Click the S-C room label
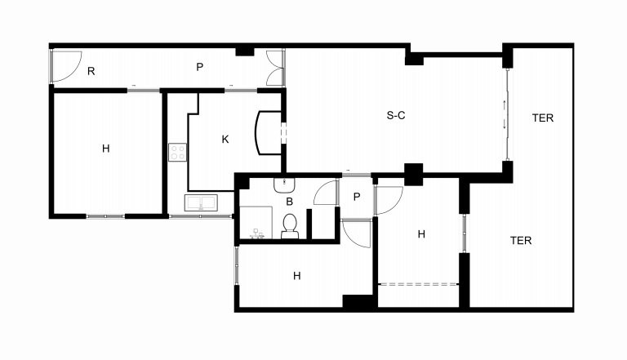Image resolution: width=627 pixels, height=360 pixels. (x=396, y=116)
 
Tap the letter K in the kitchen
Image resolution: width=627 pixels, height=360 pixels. (x=225, y=140)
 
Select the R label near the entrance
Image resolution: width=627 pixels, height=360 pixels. (x=91, y=71)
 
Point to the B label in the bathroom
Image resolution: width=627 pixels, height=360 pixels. (x=290, y=202)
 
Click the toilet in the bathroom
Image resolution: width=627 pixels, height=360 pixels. (x=290, y=226)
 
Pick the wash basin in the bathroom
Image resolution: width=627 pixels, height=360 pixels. (x=284, y=185)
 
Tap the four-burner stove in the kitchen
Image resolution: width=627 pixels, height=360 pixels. (x=177, y=152)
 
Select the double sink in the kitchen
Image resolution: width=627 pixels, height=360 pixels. (x=201, y=202)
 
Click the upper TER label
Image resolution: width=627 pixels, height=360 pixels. (x=543, y=118)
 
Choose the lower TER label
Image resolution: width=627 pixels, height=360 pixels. (x=521, y=240)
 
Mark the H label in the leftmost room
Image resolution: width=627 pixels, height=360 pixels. (x=105, y=149)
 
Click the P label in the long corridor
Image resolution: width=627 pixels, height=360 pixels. (x=199, y=67)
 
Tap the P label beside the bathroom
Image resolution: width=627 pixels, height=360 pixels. (x=357, y=197)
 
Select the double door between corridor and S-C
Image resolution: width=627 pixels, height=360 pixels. (x=275, y=68)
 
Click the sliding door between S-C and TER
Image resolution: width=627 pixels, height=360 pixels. (x=507, y=115)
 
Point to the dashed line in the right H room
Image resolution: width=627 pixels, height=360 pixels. (x=418, y=284)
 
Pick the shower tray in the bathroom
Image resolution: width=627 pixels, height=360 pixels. (x=256, y=223)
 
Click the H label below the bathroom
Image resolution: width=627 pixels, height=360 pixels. (x=296, y=276)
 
